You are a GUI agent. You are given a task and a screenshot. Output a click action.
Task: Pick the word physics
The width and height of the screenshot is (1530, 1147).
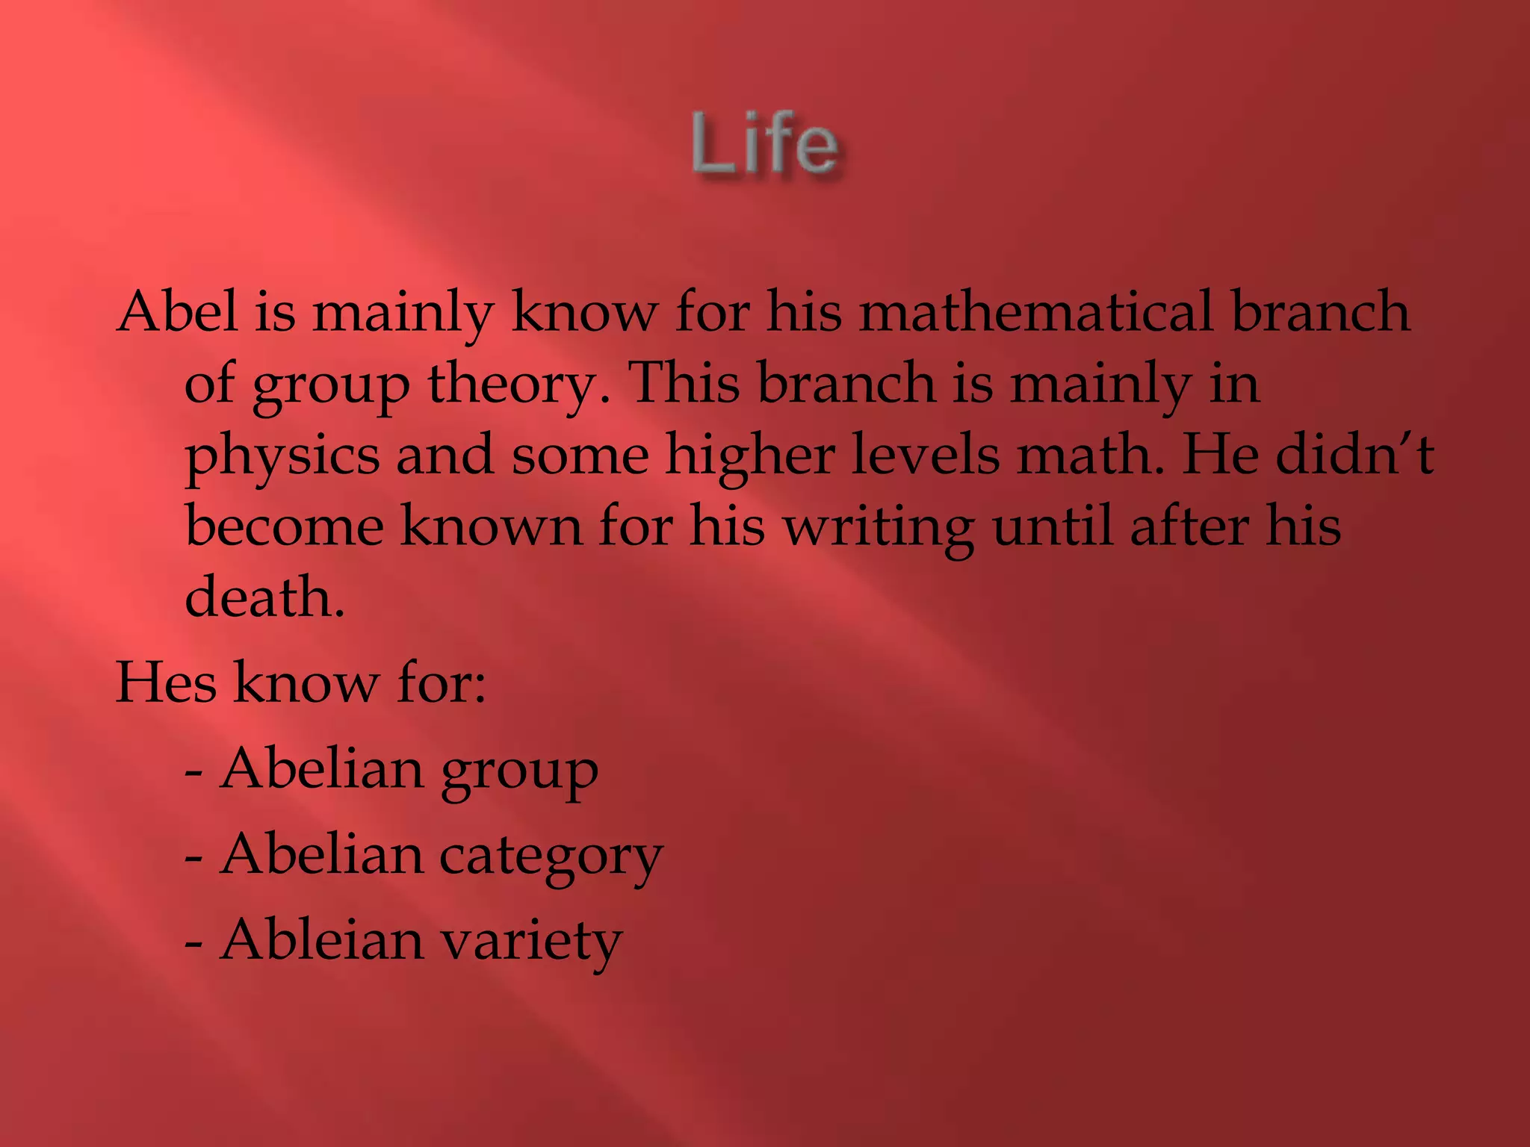tap(282, 456)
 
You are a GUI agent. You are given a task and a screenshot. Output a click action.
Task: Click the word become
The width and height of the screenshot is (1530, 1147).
tap(285, 526)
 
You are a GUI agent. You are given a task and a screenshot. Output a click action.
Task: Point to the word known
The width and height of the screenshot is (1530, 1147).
tap(491, 526)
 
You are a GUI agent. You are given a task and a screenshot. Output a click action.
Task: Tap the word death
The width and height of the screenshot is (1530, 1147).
tap(264, 597)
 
